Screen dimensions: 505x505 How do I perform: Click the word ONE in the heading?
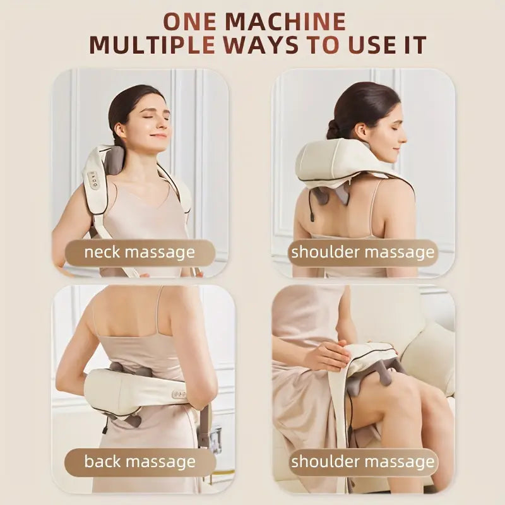tap(191, 21)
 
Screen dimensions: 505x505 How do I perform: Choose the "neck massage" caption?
tap(140, 252)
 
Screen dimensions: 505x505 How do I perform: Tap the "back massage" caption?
tap(140, 461)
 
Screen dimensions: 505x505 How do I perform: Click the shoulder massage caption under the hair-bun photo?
tap(362, 252)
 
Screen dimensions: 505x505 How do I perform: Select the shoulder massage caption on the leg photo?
tap(362, 461)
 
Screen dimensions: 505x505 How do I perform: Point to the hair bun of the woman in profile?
tap(333, 129)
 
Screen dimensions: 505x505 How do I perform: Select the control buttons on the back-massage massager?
tap(181, 393)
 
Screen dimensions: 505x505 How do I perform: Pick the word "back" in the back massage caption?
tap(104, 461)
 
